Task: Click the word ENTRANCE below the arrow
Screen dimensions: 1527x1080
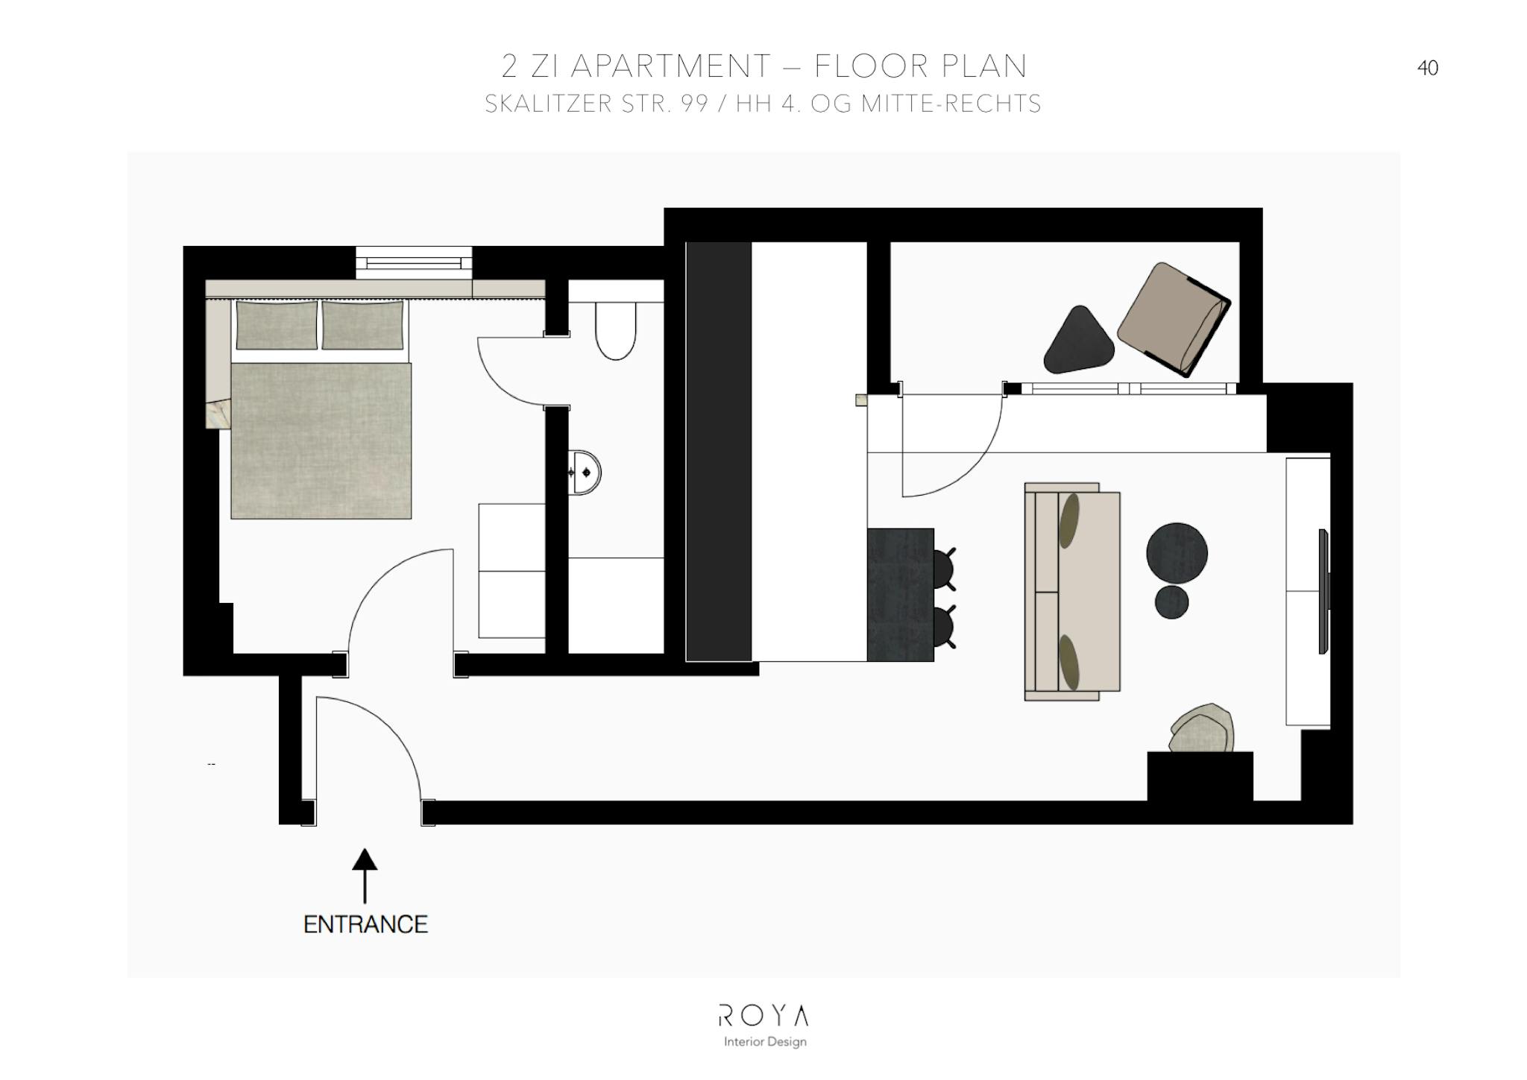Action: (x=365, y=924)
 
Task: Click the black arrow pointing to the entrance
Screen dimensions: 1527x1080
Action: (x=365, y=876)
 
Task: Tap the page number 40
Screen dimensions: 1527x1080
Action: (x=1427, y=69)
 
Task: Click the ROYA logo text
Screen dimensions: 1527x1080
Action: (x=763, y=1015)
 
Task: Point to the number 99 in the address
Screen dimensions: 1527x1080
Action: (x=694, y=104)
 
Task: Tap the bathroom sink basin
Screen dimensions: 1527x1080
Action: (x=585, y=472)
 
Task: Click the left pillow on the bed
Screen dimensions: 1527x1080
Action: (x=277, y=324)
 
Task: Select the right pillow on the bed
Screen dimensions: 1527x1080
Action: (x=364, y=324)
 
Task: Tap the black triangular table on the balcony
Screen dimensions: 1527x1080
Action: (x=1078, y=341)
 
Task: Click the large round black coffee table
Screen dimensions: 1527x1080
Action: (x=1177, y=553)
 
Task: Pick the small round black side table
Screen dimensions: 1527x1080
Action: (x=1171, y=602)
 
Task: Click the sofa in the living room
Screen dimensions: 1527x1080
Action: (x=1072, y=592)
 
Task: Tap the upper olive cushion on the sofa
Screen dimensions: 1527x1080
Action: (x=1069, y=520)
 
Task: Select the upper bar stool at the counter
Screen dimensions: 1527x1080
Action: (x=945, y=568)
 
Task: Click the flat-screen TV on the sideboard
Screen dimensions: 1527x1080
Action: (x=1323, y=591)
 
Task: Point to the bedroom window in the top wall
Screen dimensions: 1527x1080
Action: (x=414, y=262)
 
